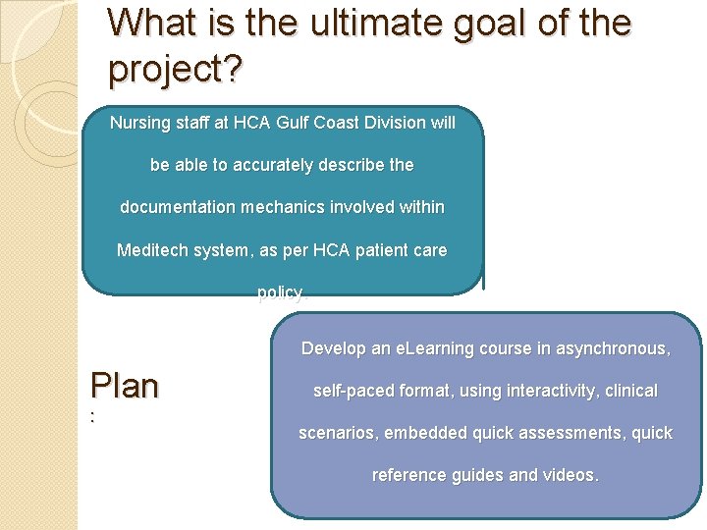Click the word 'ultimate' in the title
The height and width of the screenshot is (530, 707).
[x=354, y=23]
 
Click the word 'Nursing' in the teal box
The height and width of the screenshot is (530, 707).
[x=139, y=123]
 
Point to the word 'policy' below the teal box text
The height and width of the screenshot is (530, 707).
[x=280, y=292]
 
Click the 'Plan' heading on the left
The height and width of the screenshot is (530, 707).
[x=124, y=386]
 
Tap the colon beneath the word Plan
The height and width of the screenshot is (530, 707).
[x=92, y=417]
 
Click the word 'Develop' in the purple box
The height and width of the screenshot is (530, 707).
[x=331, y=348]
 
